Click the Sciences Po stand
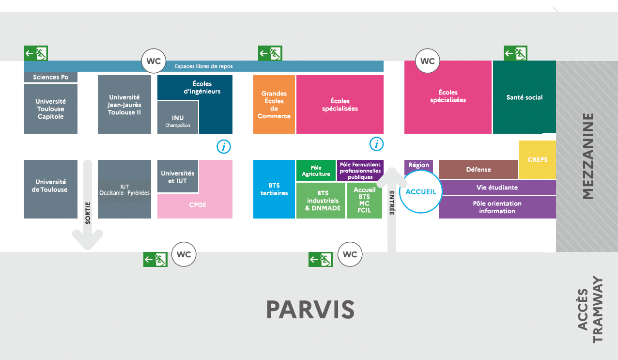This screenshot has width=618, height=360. pyautogui.click(x=50, y=77)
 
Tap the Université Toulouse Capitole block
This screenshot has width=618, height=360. pyautogui.click(x=50, y=109)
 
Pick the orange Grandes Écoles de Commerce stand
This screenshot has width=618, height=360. pyautogui.click(x=274, y=105)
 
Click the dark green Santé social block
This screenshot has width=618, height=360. pyautogui.click(x=524, y=97)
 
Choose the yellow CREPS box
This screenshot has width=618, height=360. pyautogui.click(x=537, y=159)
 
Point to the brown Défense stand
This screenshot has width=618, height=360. pyautogui.click(x=478, y=170)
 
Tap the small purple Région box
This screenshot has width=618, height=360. pyautogui.click(x=418, y=165)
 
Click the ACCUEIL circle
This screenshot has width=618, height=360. pyautogui.click(x=420, y=191)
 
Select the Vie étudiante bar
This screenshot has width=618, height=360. pyautogui.click(x=497, y=187)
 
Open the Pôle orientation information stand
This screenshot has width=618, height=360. pyautogui.click(x=497, y=207)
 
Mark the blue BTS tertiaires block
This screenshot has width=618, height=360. pyautogui.click(x=274, y=189)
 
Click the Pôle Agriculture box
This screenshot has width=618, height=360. pyautogui.click(x=316, y=171)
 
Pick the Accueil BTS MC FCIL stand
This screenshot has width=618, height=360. pyautogui.click(x=364, y=200)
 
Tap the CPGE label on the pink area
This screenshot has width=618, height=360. pyautogui.click(x=198, y=205)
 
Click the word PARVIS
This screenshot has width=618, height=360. pyautogui.click(x=310, y=309)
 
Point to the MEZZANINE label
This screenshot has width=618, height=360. pyautogui.click(x=587, y=156)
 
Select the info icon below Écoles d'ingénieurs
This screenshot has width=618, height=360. pyautogui.click(x=223, y=146)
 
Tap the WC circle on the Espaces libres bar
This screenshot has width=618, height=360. pyautogui.click(x=154, y=62)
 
